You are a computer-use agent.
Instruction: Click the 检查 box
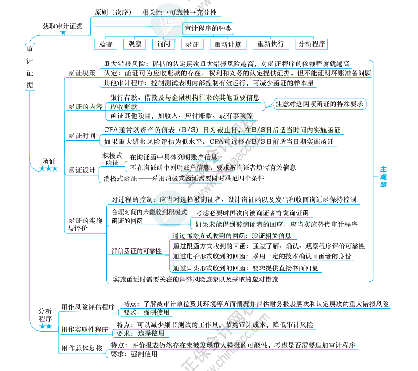(106, 44)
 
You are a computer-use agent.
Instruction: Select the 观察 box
(135, 44)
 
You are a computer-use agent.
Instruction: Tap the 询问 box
(163, 44)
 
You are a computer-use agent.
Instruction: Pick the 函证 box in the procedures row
(192, 44)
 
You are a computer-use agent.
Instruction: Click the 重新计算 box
(228, 44)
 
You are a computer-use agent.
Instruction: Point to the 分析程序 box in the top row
(312, 44)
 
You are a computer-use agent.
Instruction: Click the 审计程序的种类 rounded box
(208, 29)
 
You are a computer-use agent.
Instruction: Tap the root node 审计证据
(30, 66)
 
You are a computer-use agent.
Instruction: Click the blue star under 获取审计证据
(63, 33)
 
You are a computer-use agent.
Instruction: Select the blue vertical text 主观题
(383, 177)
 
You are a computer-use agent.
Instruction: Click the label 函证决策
(82, 73)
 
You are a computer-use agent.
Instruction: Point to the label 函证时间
(82, 136)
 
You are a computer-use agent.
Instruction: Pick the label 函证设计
(82, 170)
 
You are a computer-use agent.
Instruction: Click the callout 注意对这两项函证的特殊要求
(319, 104)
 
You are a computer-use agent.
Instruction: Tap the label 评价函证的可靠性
(137, 251)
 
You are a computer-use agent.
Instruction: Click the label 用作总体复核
(82, 348)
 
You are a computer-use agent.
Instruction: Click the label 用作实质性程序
(85, 329)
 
